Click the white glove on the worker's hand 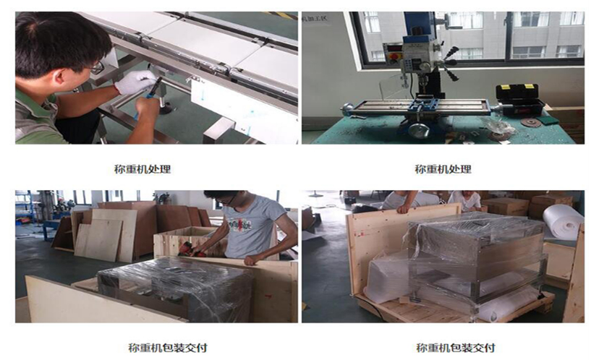click(x=135, y=82)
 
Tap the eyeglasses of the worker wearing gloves click(x=96, y=68)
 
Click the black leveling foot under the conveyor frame click(x=166, y=108)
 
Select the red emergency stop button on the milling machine click(x=392, y=56)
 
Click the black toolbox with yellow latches click(x=519, y=99)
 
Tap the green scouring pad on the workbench click(x=547, y=120)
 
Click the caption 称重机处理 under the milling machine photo click(x=443, y=169)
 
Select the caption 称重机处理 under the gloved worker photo click(x=143, y=169)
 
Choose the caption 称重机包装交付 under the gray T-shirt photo click(x=168, y=348)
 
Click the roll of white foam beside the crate click(x=563, y=221)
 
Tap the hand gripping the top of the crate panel click(x=404, y=208)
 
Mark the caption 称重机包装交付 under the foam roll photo click(x=456, y=348)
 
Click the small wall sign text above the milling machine click(x=315, y=18)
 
